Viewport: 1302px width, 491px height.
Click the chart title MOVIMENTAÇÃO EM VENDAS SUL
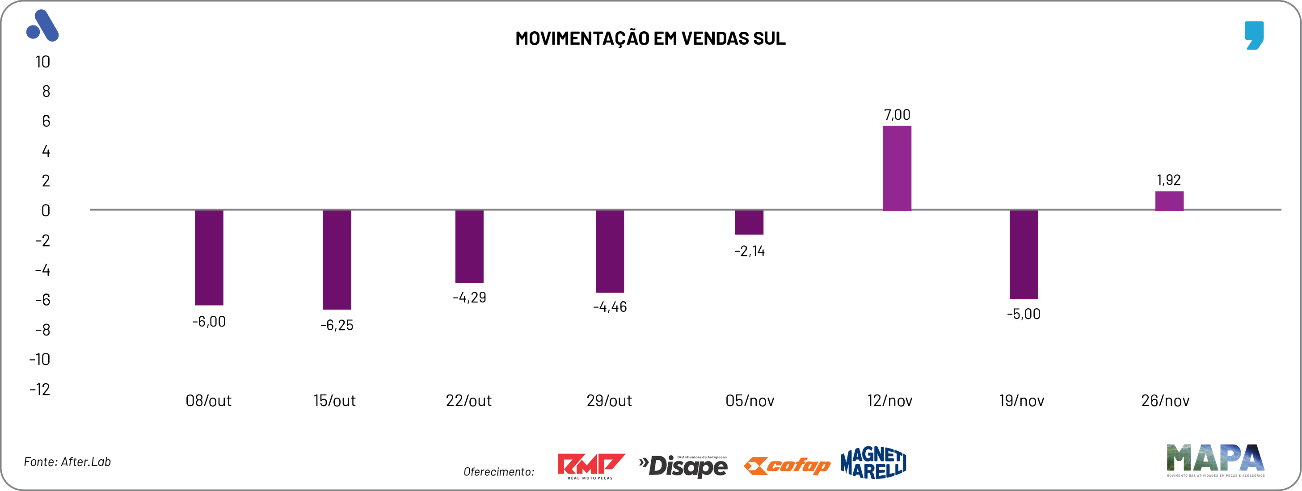point(650,38)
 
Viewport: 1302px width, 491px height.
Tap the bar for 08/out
point(209,257)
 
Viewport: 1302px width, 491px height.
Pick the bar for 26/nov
point(1169,201)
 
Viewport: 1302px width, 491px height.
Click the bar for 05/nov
point(749,222)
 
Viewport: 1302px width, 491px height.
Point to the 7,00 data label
point(897,115)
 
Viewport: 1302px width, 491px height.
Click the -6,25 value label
point(337,325)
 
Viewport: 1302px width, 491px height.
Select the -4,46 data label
point(610,306)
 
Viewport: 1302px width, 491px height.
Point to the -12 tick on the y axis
point(40,389)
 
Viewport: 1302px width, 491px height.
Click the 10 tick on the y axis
point(42,62)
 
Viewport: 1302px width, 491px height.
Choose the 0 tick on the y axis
point(46,210)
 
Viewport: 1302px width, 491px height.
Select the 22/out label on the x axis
point(468,401)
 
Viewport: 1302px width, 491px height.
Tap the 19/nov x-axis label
point(1021,401)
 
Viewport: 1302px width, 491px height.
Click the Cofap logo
point(787,466)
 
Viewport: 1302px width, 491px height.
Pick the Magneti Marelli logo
point(873,463)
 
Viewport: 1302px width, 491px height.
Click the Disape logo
point(683,465)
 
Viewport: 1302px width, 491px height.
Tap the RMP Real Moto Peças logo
point(590,466)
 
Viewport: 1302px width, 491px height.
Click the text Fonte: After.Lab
point(67,462)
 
